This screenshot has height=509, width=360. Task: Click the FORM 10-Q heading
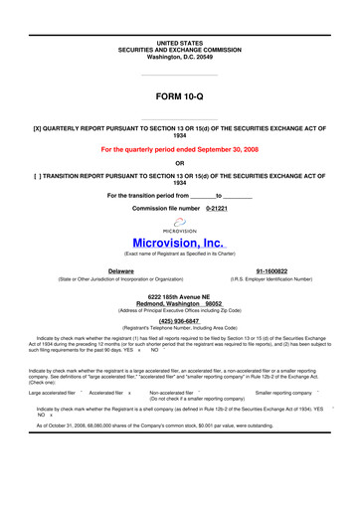(180, 96)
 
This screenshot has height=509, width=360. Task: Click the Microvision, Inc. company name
(180, 245)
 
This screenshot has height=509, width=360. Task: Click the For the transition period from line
(180, 194)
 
